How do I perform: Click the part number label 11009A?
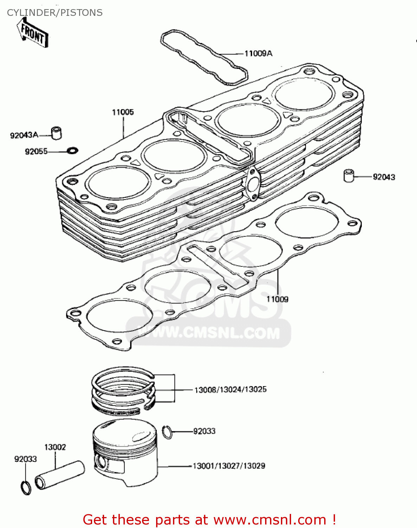tap(258, 54)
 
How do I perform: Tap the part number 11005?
tap(123, 112)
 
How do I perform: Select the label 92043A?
tap(24, 135)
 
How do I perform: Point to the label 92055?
tap(36, 152)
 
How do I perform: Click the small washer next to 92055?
tap(73, 151)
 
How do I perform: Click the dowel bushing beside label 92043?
tap(348, 176)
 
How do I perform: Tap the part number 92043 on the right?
tap(384, 177)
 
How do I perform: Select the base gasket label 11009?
tap(277, 299)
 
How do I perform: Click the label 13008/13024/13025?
tap(230, 390)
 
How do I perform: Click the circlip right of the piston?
tap(168, 432)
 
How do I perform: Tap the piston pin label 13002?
tap(55, 447)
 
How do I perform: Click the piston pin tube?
tap(60, 475)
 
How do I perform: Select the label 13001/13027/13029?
tap(229, 466)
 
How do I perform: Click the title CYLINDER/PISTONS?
tap(55, 13)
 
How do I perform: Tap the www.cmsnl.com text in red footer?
tap(270, 520)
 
